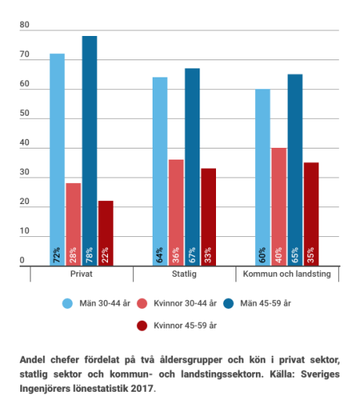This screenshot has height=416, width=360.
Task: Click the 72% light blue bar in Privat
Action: pos(57,160)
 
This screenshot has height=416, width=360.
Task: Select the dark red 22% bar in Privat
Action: pos(106,233)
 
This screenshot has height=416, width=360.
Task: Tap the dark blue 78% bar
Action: pos(89,151)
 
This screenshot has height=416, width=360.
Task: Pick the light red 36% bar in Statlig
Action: pos(176,213)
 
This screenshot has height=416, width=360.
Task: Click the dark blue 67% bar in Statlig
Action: pos(193,167)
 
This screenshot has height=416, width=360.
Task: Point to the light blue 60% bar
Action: pos(263,178)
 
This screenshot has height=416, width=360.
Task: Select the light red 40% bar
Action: pos(279,206)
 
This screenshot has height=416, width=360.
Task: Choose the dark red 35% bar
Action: pos(311,214)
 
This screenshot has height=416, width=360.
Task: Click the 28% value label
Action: pos(73,255)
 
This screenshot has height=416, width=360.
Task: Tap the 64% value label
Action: pos(160,255)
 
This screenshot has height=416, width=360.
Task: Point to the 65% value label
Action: pos(295,255)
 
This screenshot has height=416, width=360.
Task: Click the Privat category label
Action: pos(81,274)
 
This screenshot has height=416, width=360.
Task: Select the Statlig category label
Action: pos(184,274)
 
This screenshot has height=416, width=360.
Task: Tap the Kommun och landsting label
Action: pos(287,274)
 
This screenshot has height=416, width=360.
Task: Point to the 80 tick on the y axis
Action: pos(24,25)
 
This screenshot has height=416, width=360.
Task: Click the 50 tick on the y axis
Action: pos(24,113)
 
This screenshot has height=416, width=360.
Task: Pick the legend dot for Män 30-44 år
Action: pos(67,303)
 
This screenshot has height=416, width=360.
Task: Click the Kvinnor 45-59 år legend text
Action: pos(185,325)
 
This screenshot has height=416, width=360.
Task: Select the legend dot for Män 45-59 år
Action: pos(229,303)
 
